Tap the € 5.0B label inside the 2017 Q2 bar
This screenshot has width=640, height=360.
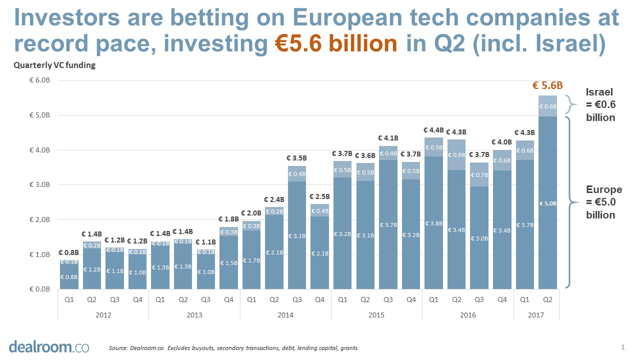click(x=547, y=203)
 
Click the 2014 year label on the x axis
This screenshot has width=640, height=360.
click(x=285, y=315)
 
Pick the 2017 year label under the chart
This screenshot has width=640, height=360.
click(x=536, y=315)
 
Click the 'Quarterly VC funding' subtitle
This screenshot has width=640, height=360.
click(x=54, y=65)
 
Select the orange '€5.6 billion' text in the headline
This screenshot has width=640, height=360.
click(x=336, y=43)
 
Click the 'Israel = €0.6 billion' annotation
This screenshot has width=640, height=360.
click(x=600, y=104)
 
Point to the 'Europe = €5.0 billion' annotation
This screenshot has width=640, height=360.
click(x=603, y=202)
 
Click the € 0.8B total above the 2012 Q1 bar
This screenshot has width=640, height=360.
click(x=68, y=253)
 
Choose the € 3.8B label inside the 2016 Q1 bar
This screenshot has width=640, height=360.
click(x=433, y=223)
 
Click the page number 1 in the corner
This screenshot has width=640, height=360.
click(x=623, y=346)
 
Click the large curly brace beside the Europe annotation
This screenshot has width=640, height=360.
click(x=570, y=202)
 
